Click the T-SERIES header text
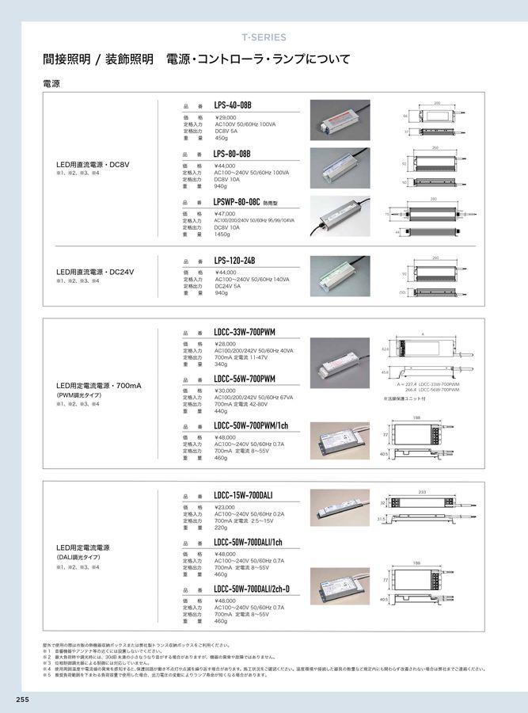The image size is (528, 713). pos(264,37)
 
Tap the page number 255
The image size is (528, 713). pos(21,699)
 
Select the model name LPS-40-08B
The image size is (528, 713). pos(233,105)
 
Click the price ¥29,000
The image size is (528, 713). pos(230,118)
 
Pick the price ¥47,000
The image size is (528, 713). pos(230,214)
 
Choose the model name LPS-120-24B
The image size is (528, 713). pos(234,261)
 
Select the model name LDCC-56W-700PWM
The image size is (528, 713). pos(245,379)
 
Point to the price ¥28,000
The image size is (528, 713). pos(230,344)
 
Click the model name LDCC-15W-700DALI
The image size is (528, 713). pos(244,495)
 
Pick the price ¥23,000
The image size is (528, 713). pos(230,508)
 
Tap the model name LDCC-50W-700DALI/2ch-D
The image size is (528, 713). pos(252,589)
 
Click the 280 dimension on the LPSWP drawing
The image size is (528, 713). pos(433,199)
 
